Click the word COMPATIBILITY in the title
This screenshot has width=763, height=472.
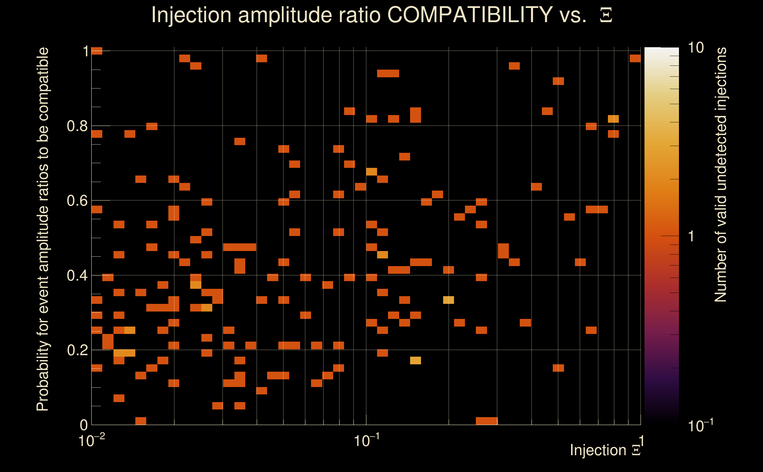click(x=470, y=15)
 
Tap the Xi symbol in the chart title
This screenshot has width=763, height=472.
click(x=606, y=15)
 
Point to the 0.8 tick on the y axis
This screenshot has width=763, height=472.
click(x=77, y=126)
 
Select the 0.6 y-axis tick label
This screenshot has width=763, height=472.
click(x=77, y=201)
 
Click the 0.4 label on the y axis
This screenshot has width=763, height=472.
click(x=77, y=276)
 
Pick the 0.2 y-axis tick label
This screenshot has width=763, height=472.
click(x=77, y=350)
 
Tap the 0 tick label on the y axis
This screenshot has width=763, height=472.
click(x=84, y=425)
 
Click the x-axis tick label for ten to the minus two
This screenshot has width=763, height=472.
click(x=91, y=440)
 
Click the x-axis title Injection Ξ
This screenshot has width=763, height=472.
click(x=605, y=450)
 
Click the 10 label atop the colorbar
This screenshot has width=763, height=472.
click(x=695, y=48)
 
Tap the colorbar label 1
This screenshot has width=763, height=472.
click(x=691, y=236)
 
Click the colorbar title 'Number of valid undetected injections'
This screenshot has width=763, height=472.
click(x=721, y=175)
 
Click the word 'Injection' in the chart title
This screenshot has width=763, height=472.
click(x=191, y=15)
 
